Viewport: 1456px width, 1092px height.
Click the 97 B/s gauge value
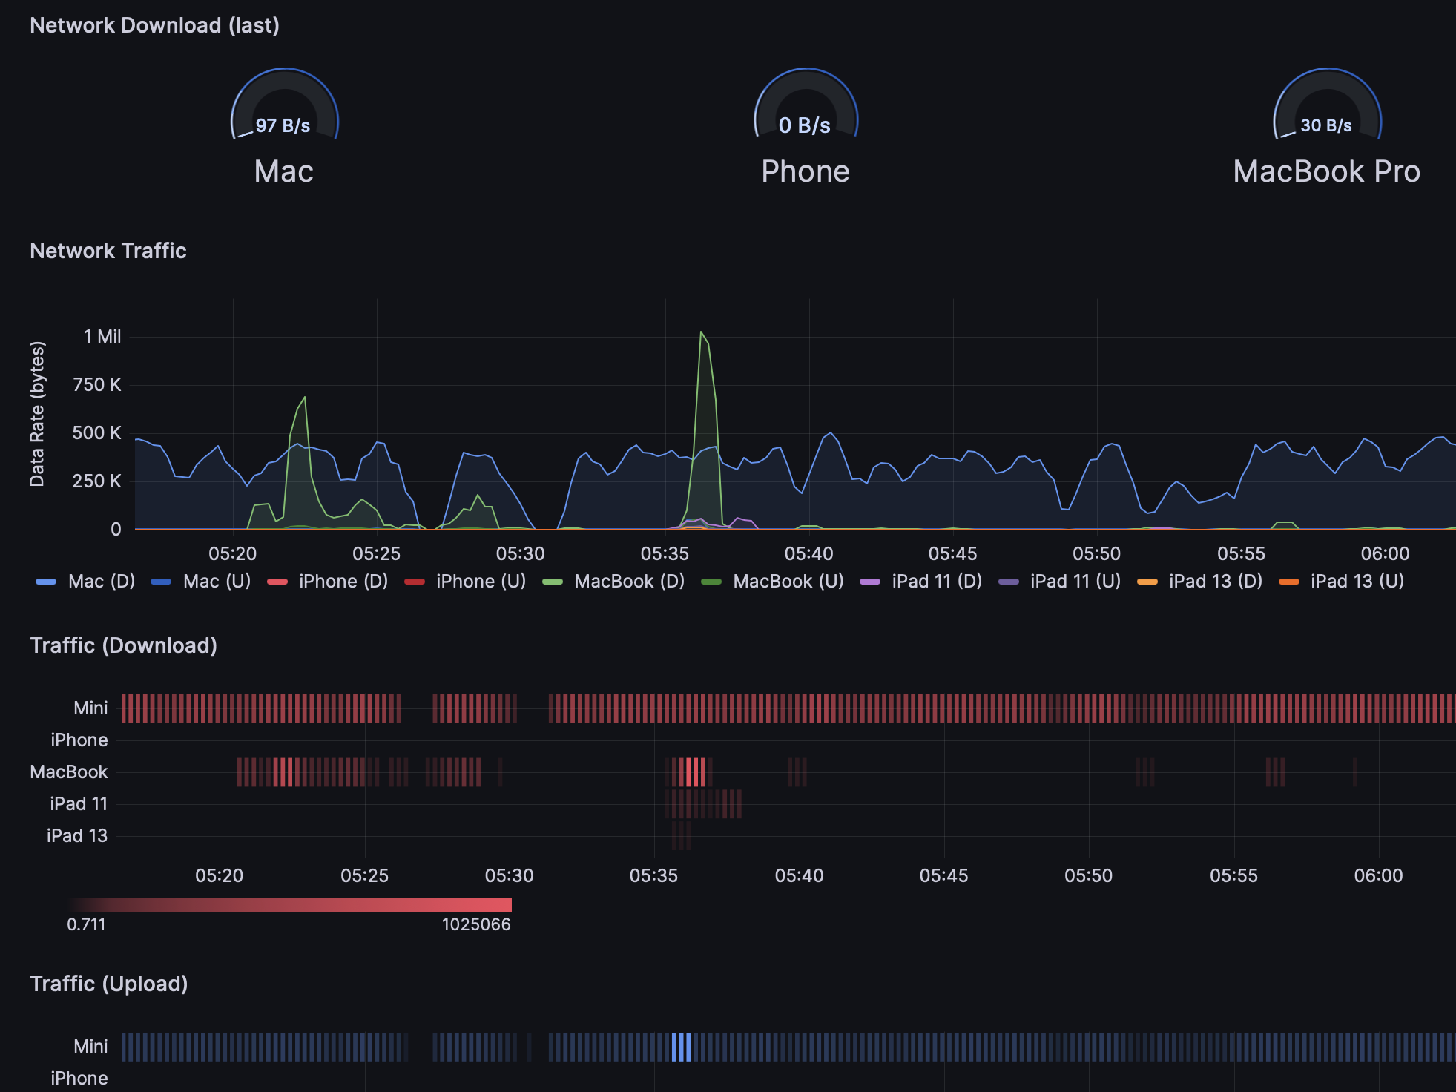point(283,125)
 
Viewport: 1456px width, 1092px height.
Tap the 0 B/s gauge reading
point(805,125)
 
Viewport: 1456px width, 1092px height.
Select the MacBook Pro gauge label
point(1326,171)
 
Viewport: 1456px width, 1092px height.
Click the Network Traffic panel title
point(108,251)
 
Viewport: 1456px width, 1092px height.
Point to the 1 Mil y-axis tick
point(102,337)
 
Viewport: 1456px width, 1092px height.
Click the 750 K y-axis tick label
point(97,385)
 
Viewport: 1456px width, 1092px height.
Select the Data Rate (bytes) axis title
point(37,414)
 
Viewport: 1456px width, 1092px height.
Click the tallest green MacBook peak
point(701,333)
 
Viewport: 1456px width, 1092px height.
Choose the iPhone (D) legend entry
point(328,582)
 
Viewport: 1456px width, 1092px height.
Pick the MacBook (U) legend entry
point(773,582)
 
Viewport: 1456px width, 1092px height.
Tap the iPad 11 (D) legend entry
point(921,582)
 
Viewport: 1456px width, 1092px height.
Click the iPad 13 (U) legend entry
point(1343,582)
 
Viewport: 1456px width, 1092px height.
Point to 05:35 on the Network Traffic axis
point(665,554)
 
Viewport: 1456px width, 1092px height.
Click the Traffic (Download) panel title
point(124,645)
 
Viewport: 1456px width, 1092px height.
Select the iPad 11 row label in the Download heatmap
point(79,804)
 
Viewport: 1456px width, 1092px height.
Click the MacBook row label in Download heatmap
point(69,772)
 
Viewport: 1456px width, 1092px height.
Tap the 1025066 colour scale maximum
point(476,925)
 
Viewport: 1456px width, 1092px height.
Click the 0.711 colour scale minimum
point(86,925)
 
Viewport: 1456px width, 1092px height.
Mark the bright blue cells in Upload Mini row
point(681,1047)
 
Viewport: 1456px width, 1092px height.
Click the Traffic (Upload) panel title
point(109,984)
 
